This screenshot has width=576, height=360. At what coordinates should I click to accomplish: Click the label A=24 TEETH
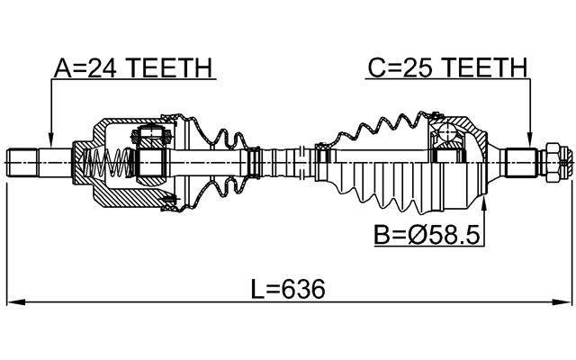coord(133,67)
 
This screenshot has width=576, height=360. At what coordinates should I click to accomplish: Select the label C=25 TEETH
coord(446,67)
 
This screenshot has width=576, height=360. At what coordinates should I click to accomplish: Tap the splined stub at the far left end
coord(27,163)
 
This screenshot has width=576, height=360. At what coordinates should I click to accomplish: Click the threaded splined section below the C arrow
coord(522,163)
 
